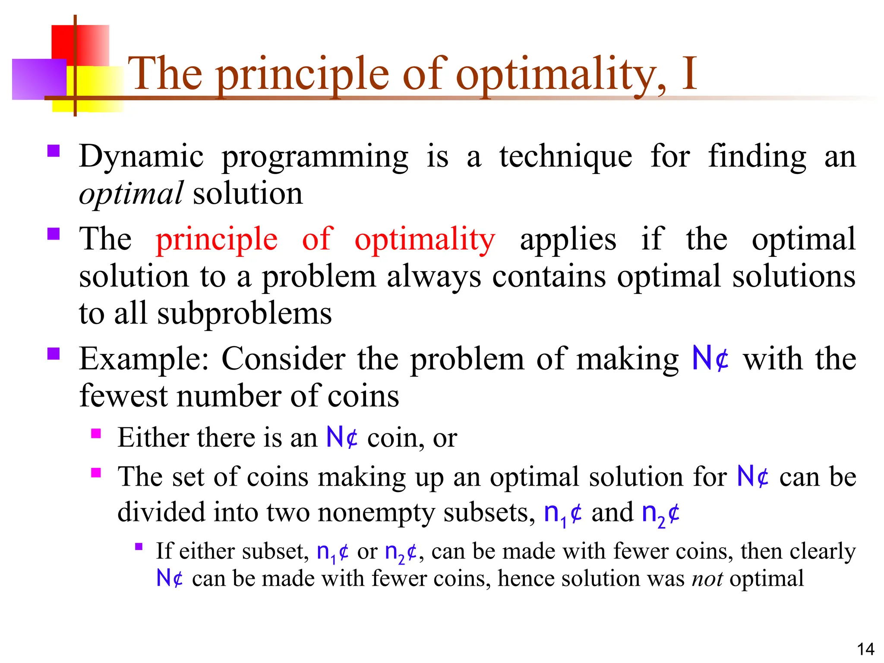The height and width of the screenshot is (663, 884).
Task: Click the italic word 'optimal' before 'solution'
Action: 131,194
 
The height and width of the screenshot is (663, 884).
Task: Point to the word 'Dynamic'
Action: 141,156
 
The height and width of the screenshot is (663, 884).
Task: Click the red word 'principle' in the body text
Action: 216,239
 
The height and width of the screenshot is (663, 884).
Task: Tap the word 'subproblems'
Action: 244,314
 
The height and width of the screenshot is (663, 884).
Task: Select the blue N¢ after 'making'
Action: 710,358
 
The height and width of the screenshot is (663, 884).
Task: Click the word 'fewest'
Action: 123,396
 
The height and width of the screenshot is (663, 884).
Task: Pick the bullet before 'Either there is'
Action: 96,433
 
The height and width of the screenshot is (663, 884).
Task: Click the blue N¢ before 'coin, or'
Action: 342,437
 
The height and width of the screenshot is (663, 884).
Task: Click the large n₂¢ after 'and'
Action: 660,514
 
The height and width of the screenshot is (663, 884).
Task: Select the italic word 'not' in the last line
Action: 707,578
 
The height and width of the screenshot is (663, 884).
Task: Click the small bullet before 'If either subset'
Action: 139,547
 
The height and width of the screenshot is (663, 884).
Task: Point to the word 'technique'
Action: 565,156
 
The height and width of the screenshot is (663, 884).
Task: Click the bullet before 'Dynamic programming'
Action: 54,151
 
